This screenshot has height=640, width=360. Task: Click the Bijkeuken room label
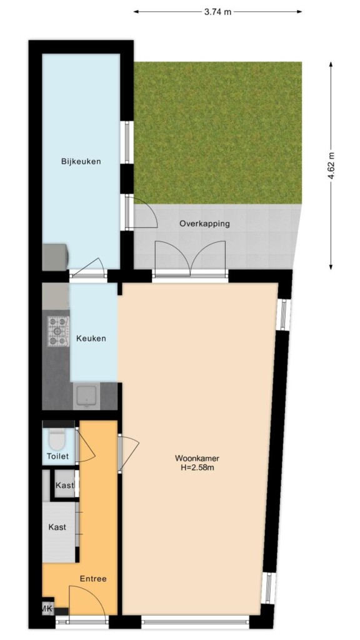[x=81, y=161]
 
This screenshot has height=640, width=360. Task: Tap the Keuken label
[x=91, y=338]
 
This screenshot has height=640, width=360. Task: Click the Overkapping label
[x=204, y=224]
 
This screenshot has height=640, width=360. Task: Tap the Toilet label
[x=57, y=456]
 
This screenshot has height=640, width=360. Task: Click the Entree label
[x=93, y=579]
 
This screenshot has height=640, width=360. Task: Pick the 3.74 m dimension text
[x=217, y=12]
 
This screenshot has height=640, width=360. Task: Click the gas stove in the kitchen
[x=57, y=331]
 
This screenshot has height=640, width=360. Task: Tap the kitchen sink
[x=86, y=396]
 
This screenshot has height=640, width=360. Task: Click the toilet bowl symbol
[x=54, y=439]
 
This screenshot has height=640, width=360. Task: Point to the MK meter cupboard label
[x=47, y=609]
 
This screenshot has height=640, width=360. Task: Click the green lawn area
[x=218, y=133]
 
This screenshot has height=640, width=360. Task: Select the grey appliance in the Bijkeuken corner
[x=55, y=257]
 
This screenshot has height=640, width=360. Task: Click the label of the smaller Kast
[x=65, y=485]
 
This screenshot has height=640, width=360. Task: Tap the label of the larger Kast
[x=57, y=527]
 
